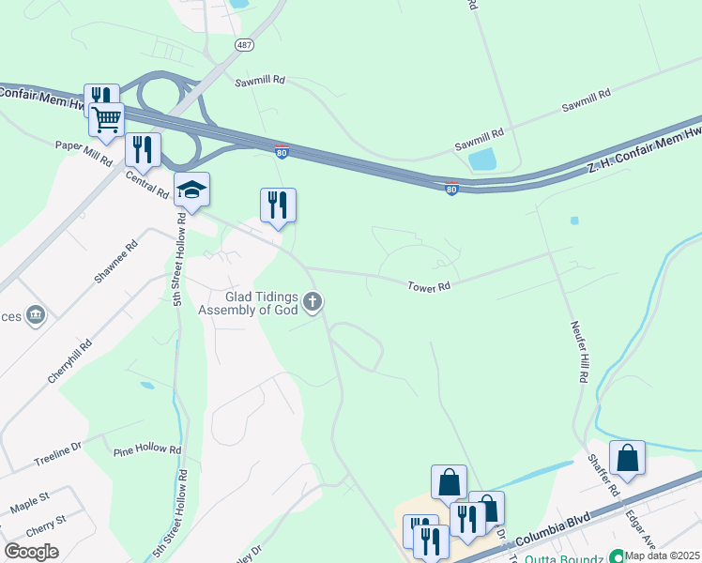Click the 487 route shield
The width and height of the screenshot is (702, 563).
coord(244,45)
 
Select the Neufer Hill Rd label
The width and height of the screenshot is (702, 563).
coord(578,351)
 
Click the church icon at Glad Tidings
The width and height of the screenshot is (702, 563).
coord(313,302)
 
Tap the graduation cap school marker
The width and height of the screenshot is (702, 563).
coord(192,190)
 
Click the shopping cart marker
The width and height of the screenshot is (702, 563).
coord(107,120)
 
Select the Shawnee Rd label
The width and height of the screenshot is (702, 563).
coord(114,262)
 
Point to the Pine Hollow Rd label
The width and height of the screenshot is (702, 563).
coord(147,450)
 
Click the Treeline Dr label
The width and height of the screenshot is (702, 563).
coord(58,457)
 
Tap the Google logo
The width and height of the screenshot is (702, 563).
coord(31,551)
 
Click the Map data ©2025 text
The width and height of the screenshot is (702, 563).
coord(663,555)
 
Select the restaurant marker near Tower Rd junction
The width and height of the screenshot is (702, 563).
coord(278,205)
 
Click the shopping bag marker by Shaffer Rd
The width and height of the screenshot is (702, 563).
coord(627,458)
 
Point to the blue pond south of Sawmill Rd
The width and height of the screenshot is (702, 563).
coord(482,160)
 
